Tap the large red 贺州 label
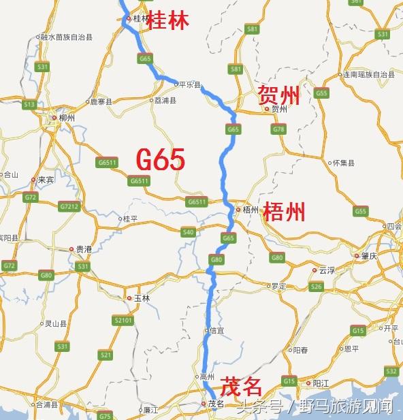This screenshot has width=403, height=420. [279, 96]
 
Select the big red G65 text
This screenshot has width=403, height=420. [160, 159]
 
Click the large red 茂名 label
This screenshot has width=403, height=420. [242, 387]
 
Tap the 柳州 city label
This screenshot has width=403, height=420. [67, 118]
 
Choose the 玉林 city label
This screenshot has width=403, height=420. [141, 298]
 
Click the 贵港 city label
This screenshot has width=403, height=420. [84, 250]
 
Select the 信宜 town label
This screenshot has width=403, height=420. [216, 332]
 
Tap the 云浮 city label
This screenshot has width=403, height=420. [327, 270]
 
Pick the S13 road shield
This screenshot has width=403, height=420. [29, 104]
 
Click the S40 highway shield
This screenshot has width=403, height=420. [189, 232]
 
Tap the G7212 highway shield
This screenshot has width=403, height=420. [69, 206]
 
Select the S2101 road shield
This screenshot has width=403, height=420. [123, 319]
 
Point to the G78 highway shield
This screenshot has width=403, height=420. [278, 129]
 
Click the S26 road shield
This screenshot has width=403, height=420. [316, 287]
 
